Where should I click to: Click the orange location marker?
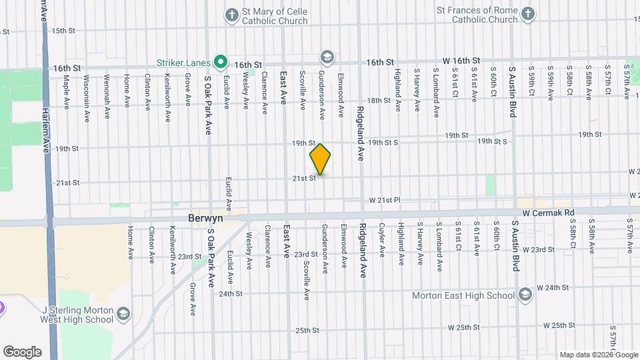[320, 159]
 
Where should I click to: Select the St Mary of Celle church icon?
[232, 15]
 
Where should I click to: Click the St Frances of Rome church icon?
[527, 15]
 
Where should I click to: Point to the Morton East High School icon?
[525, 295]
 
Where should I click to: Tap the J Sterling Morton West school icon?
[123, 314]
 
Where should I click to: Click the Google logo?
[22, 351]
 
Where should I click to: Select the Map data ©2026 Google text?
[597, 355]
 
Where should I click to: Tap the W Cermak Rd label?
[548, 213]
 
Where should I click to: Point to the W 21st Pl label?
[386, 201]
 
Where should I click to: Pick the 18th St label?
[378, 100]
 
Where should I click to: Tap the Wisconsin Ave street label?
[87, 98]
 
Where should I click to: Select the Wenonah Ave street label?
[107, 97]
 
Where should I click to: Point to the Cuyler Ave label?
[382, 240]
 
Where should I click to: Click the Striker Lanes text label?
[183, 63]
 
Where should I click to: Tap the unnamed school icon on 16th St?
[327, 56]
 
